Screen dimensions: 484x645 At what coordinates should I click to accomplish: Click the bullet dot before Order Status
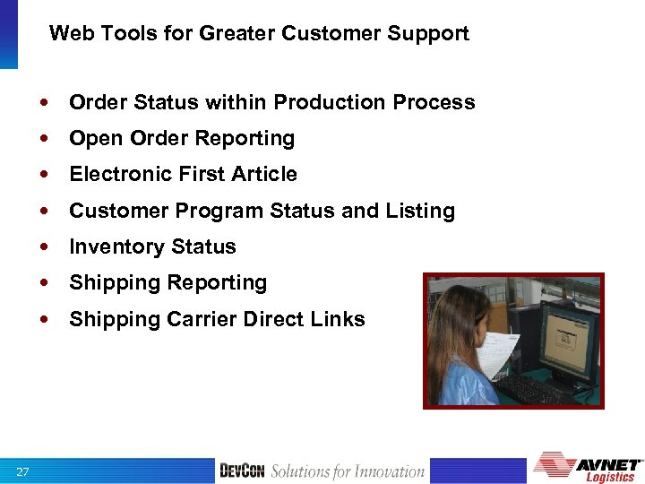point(44,103)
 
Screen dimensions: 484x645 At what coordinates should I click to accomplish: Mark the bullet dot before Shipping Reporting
point(44,283)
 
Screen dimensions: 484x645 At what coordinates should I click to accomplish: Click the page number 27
point(21,471)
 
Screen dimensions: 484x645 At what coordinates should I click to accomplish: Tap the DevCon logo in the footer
point(242,471)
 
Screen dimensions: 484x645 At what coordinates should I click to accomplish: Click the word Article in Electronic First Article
point(266,174)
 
